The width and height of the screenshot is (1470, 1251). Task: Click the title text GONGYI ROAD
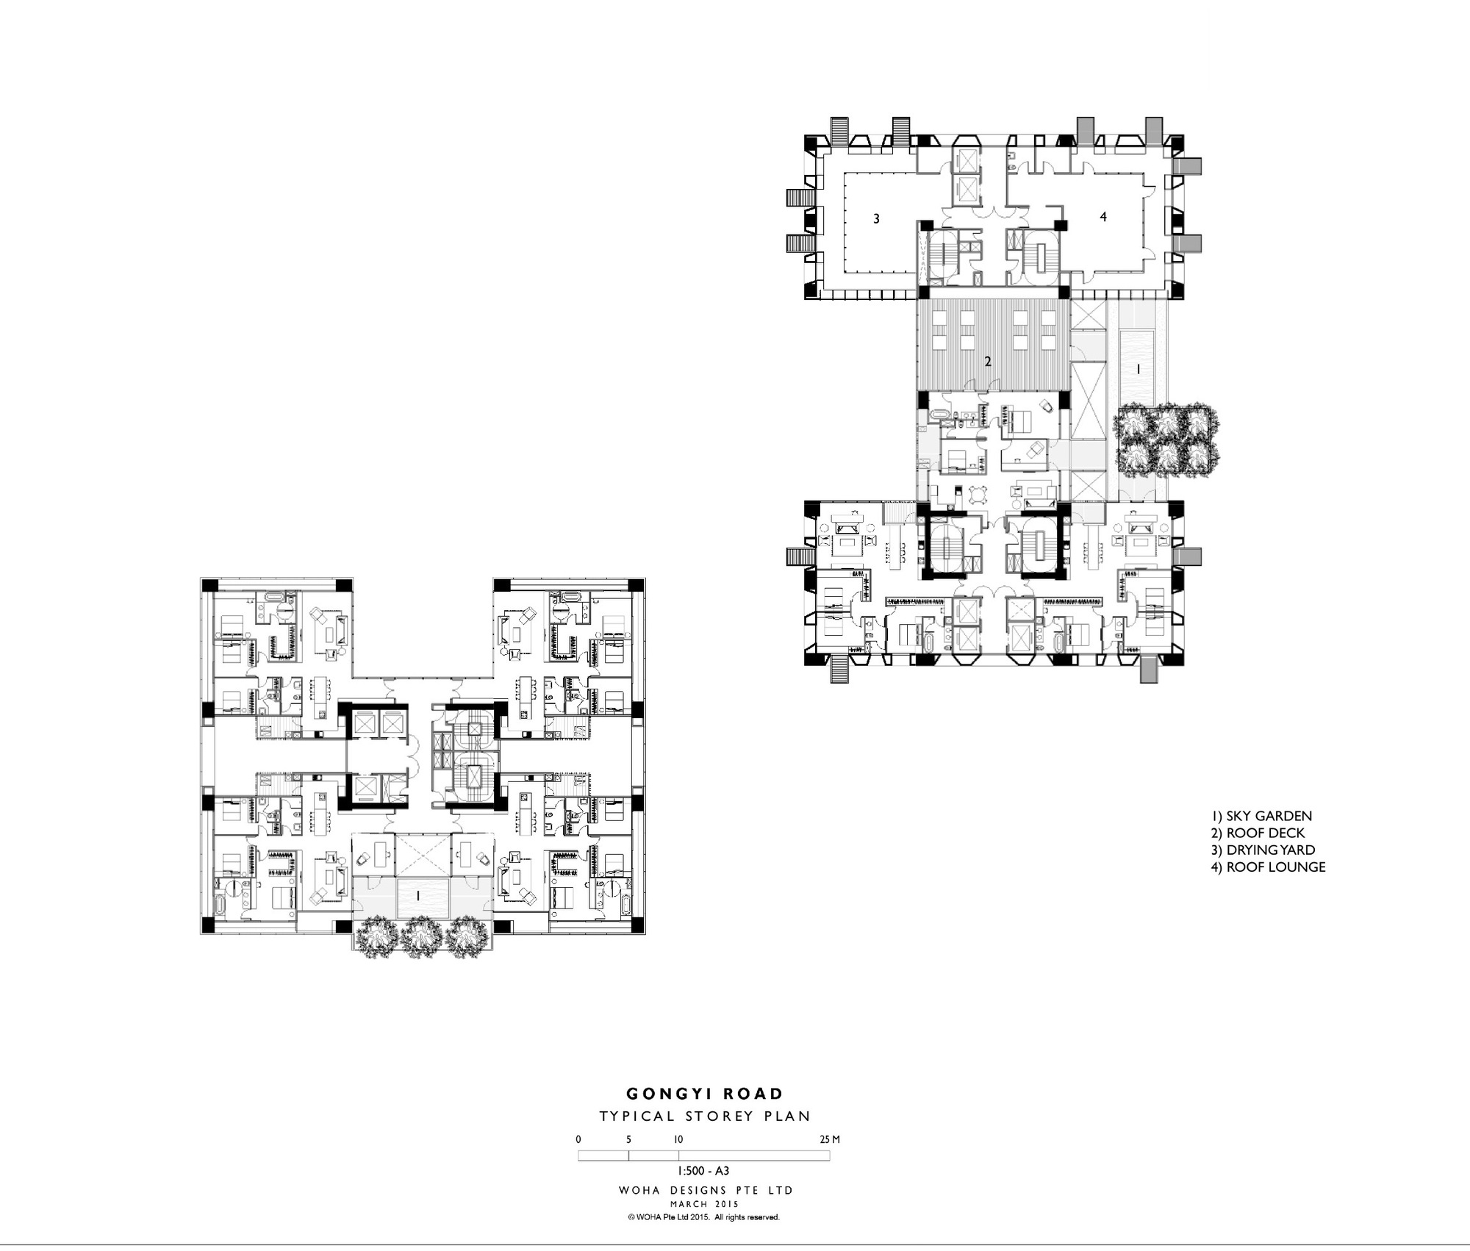click(x=704, y=1094)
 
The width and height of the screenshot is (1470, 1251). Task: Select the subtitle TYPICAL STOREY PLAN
click(x=704, y=1116)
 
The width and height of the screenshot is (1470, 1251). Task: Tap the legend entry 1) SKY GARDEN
click(x=1261, y=816)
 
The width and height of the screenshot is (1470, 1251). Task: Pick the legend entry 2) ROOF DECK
click(x=1258, y=833)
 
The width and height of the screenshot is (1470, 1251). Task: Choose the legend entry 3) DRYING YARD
click(x=1263, y=850)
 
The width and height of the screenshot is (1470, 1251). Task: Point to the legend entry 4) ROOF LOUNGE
click(x=1268, y=867)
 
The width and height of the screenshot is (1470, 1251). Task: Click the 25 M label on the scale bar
click(x=830, y=1139)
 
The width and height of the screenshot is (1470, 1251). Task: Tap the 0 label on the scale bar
click(x=578, y=1139)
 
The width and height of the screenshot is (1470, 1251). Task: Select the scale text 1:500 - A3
click(x=703, y=1171)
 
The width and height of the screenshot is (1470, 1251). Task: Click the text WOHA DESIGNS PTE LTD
click(x=706, y=1190)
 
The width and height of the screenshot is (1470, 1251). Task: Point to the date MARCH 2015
click(x=704, y=1204)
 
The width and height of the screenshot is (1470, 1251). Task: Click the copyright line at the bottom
click(x=703, y=1217)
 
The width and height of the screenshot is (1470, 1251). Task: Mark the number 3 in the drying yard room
click(x=876, y=218)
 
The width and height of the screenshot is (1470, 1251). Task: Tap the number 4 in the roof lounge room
click(x=1102, y=217)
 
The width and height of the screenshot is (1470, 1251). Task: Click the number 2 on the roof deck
click(x=988, y=362)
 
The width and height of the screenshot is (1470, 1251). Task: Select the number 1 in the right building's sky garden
click(x=1139, y=370)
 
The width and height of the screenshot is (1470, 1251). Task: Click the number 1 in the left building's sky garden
click(x=417, y=896)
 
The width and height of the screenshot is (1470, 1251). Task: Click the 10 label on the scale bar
click(x=678, y=1139)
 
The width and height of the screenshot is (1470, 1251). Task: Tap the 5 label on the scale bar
click(x=628, y=1139)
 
